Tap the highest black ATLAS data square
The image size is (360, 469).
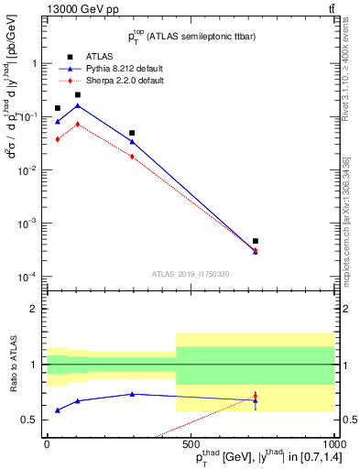point(78,94)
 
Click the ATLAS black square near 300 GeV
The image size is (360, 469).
point(132,133)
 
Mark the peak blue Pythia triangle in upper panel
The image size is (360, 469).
point(78,105)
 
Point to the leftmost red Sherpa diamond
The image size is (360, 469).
point(58,139)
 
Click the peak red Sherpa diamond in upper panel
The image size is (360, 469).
point(78,124)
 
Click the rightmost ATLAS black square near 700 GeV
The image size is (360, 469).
point(256,241)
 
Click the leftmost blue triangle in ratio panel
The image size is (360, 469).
point(58,410)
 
